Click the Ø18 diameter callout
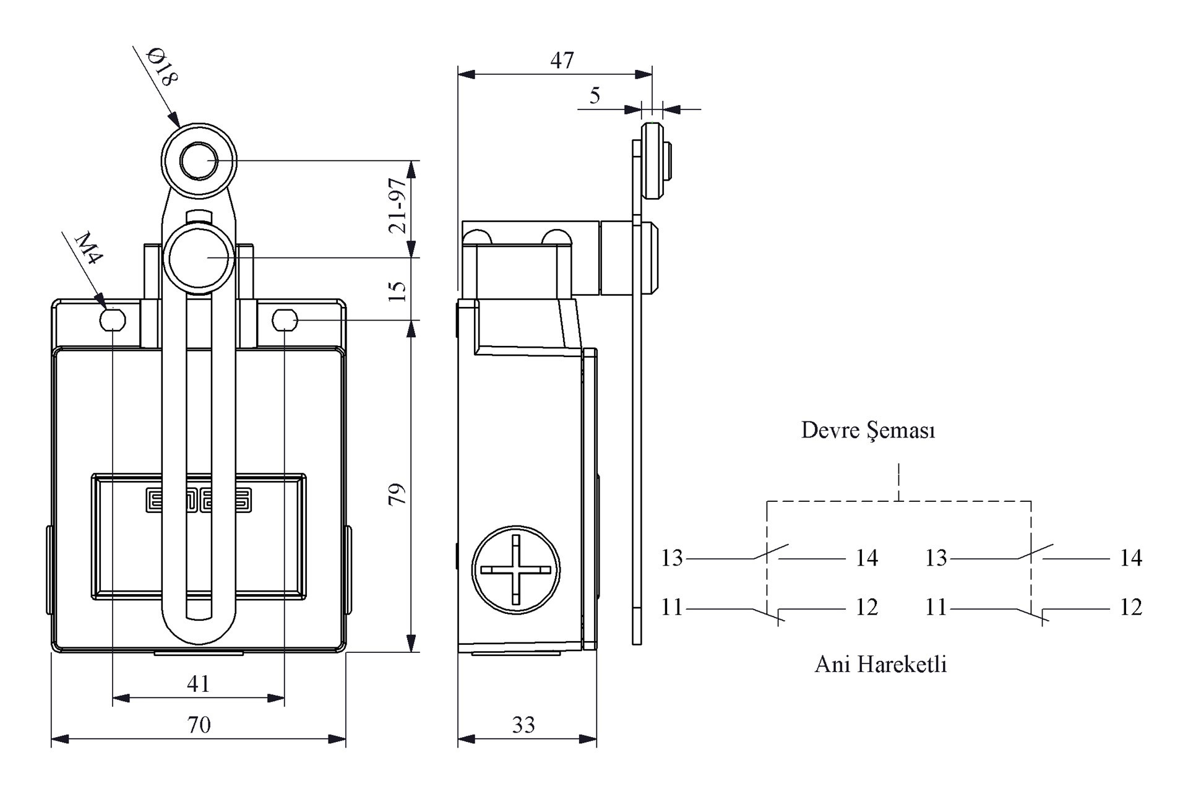click(162, 67)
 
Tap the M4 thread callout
click(88, 248)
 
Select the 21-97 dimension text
click(398, 205)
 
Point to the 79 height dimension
click(397, 494)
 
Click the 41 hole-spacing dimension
click(199, 684)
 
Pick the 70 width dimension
click(199, 725)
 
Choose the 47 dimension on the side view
click(562, 60)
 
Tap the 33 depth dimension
click(523, 725)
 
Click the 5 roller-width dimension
click(595, 95)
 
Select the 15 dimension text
click(398, 290)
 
